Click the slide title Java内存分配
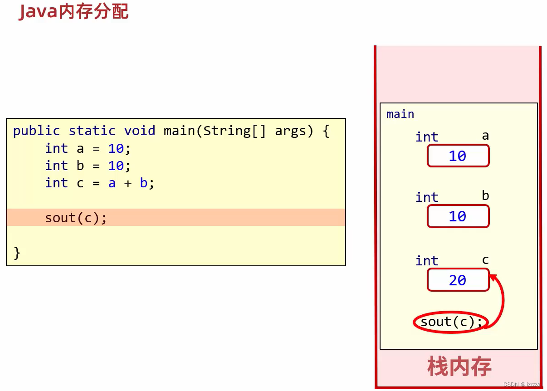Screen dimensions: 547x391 click(73, 12)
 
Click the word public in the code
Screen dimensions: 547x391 click(36, 131)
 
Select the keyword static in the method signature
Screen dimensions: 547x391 click(92, 131)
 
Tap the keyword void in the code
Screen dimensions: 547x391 click(140, 131)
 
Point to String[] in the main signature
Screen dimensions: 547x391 click(234, 131)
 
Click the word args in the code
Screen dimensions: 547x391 click(294, 132)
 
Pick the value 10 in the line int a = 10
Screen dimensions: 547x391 click(116, 148)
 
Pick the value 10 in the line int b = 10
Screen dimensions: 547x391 click(116, 166)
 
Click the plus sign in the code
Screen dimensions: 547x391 click(128, 183)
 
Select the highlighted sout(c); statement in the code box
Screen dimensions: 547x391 click(76, 218)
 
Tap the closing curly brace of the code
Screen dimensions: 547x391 click(17, 253)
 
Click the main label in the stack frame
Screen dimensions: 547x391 click(400, 114)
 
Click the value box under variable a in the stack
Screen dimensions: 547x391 click(458, 156)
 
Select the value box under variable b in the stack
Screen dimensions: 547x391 click(458, 216)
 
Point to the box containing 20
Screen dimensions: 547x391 click(458, 280)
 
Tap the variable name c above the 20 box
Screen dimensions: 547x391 click(485, 260)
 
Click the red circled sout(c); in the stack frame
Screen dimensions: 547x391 click(451, 322)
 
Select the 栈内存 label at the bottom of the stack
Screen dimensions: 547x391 click(459, 367)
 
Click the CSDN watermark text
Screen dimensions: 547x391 click(522, 384)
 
